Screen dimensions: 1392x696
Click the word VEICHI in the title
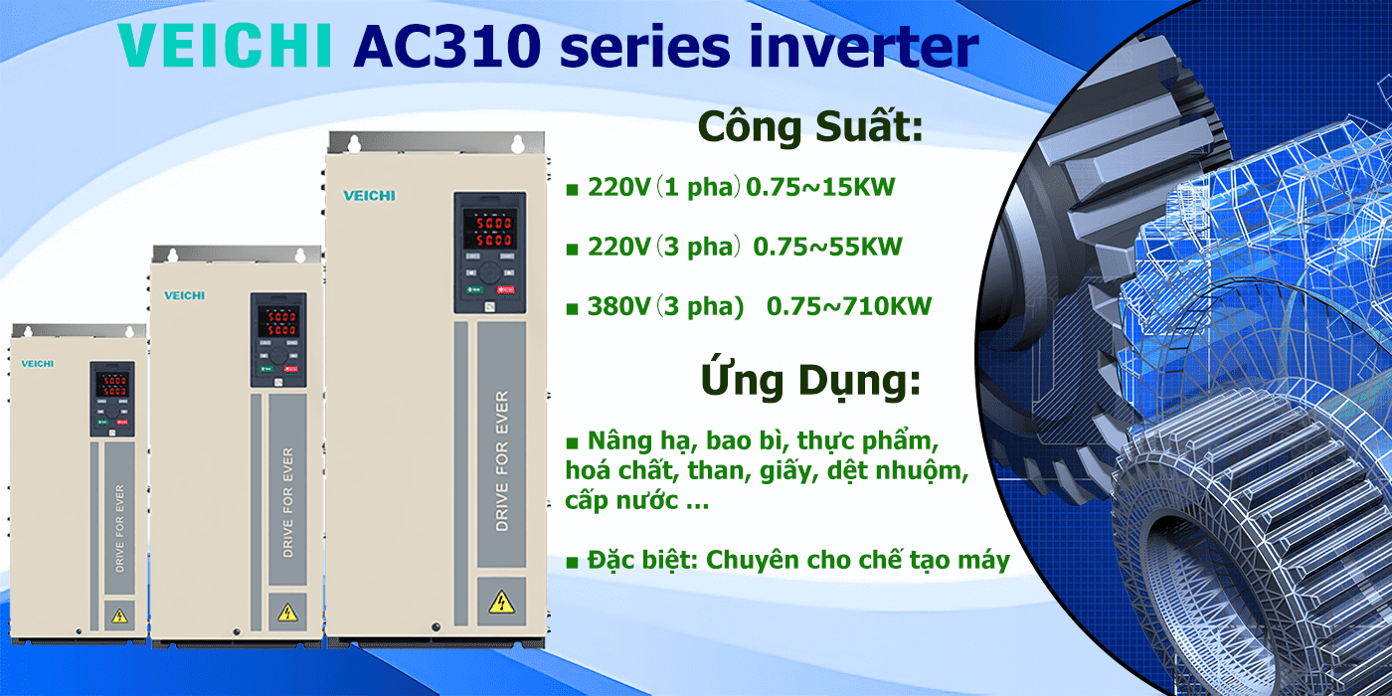pyautogui.click(x=225, y=46)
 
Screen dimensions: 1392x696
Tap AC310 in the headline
pyautogui.click(x=446, y=46)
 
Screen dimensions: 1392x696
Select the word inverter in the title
pyautogui.click(x=864, y=46)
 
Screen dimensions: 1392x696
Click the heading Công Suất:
pyautogui.click(x=810, y=127)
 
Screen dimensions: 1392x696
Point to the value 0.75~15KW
pyautogui.click(x=820, y=187)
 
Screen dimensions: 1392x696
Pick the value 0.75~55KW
pyautogui.click(x=827, y=247)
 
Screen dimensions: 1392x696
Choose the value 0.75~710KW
pyautogui.click(x=849, y=306)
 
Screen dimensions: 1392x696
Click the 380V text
pyautogui.click(x=618, y=306)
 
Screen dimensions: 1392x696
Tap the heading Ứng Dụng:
pyautogui.click(x=810, y=380)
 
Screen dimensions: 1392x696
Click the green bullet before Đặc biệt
pyautogui.click(x=572, y=563)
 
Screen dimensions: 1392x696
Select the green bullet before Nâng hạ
pyautogui.click(x=572, y=443)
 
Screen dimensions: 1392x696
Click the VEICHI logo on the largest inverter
pyautogui.click(x=369, y=196)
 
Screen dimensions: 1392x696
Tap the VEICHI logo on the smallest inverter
pyautogui.click(x=38, y=364)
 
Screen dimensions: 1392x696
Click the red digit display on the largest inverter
pyautogui.click(x=489, y=231)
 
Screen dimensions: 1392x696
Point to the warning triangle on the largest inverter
pyautogui.click(x=501, y=603)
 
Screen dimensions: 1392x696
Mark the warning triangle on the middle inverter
pyautogui.click(x=287, y=612)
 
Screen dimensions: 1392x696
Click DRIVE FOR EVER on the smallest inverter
pyautogui.click(x=119, y=528)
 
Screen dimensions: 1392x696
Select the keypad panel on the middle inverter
pyautogui.click(x=278, y=340)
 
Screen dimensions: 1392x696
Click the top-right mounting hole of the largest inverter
pyautogui.click(x=518, y=144)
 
